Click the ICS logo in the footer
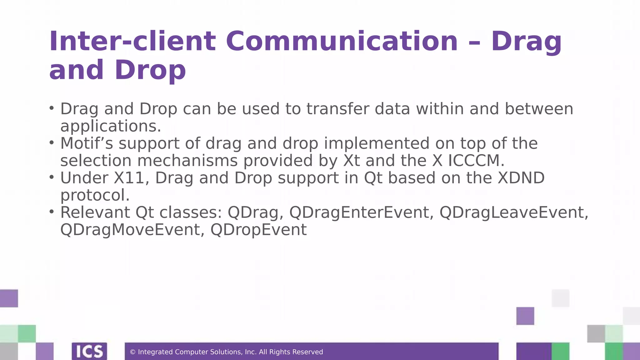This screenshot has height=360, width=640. coord(89,352)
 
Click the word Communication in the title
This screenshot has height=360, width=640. coord(342,42)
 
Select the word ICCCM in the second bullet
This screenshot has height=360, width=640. coord(476,161)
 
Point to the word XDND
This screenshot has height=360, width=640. coord(521,178)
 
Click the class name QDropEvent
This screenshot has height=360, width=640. coord(258,230)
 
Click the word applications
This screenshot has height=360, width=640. coord(111,127)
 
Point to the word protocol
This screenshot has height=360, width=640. coord(95,195)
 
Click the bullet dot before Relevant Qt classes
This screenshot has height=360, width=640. coord(52,212)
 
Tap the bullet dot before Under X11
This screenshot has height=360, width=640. coord(52,177)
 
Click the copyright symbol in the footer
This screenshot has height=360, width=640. coord(132,352)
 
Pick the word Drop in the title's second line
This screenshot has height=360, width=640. coord(150,70)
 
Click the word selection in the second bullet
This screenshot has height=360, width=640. coord(96,161)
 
